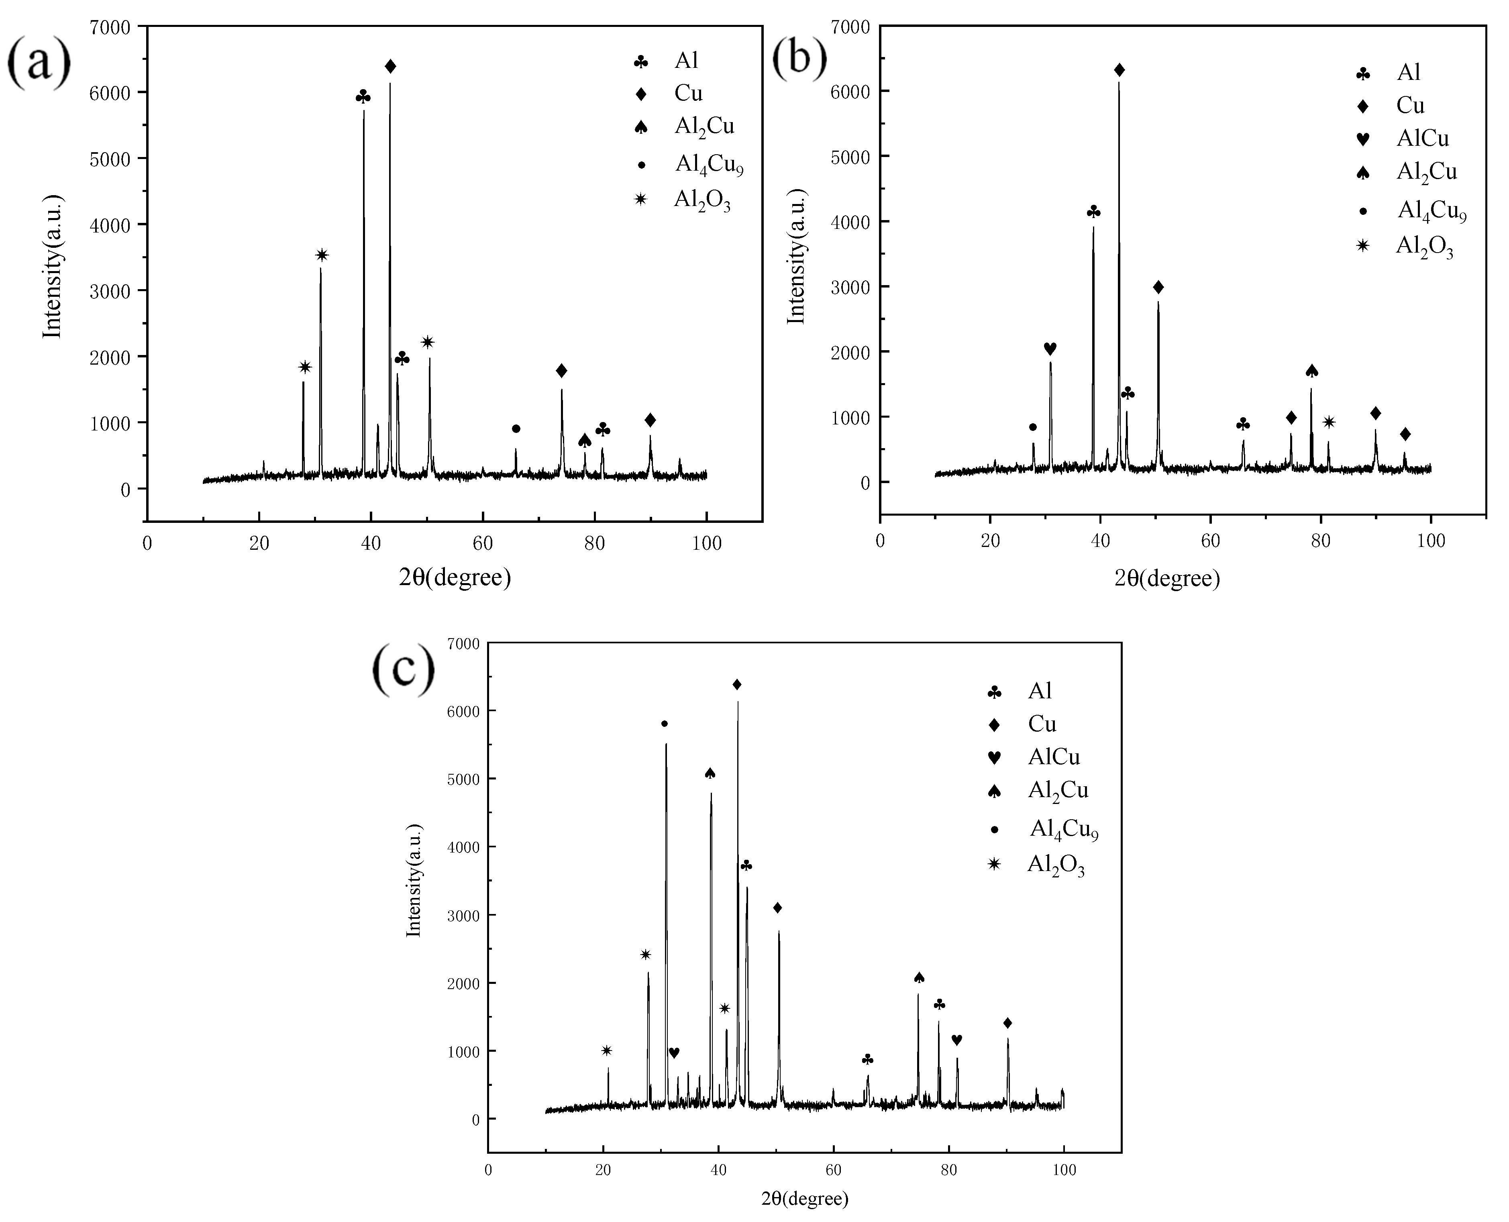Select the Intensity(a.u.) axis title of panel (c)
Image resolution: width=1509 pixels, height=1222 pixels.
[x=414, y=880]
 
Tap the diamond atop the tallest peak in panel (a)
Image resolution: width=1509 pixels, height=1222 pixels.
[x=391, y=66]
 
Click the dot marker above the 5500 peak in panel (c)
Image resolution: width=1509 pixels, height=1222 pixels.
[x=665, y=724]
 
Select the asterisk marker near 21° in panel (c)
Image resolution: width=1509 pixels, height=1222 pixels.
[x=607, y=1050]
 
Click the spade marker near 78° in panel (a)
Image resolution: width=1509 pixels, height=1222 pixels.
[x=584, y=441]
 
